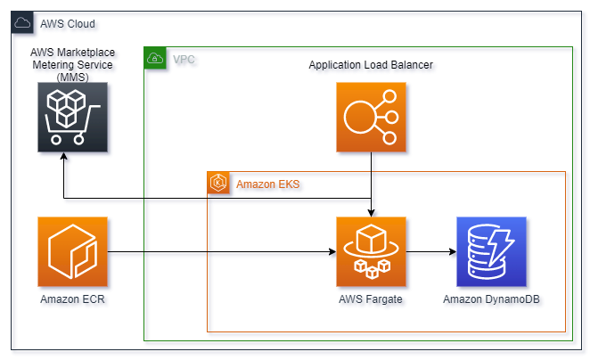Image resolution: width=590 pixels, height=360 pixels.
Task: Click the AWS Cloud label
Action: [x=68, y=23]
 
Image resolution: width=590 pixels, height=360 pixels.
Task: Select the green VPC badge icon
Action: [x=155, y=59]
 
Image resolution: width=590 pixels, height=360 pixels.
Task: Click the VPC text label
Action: [x=184, y=60]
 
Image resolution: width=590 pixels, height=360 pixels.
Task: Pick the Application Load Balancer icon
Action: [x=371, y=117]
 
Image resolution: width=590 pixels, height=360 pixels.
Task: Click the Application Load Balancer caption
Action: [x=371, y=66]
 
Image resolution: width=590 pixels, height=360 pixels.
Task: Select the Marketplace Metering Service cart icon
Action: [x=73, y=117]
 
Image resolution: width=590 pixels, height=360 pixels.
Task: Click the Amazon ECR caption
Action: [x=73, y=299]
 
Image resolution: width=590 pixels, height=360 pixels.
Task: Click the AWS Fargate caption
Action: [x=371, y=299]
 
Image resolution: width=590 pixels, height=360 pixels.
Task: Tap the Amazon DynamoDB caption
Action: [x=491, y=299]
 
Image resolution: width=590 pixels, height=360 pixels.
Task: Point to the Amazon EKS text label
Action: [x=267, y=184]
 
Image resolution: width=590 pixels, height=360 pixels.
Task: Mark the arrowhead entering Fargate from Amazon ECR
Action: [x=331, y=251]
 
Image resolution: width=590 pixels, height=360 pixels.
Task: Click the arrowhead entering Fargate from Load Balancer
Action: [x=371, y=211]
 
